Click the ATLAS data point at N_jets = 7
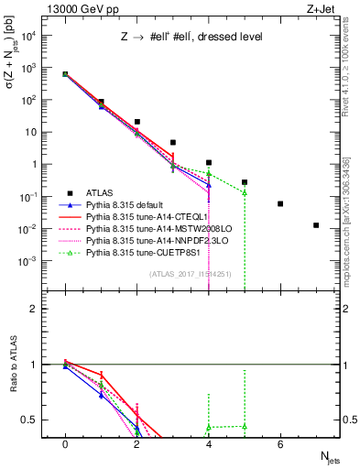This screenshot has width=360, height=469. (x=316, y=225)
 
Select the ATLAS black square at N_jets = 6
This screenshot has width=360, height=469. (x=280, y=203)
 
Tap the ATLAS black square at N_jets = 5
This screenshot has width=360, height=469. (x=245, y=182)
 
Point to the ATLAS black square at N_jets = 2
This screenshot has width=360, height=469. (x=136, y=122)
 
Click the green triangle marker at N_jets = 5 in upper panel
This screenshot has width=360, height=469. (x=245, y=192)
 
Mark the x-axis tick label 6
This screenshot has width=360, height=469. (x=280, y=444)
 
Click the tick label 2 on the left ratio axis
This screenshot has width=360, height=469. (x=32, y=309)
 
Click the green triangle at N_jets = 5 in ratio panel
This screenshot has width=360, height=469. (x=245, y=426)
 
